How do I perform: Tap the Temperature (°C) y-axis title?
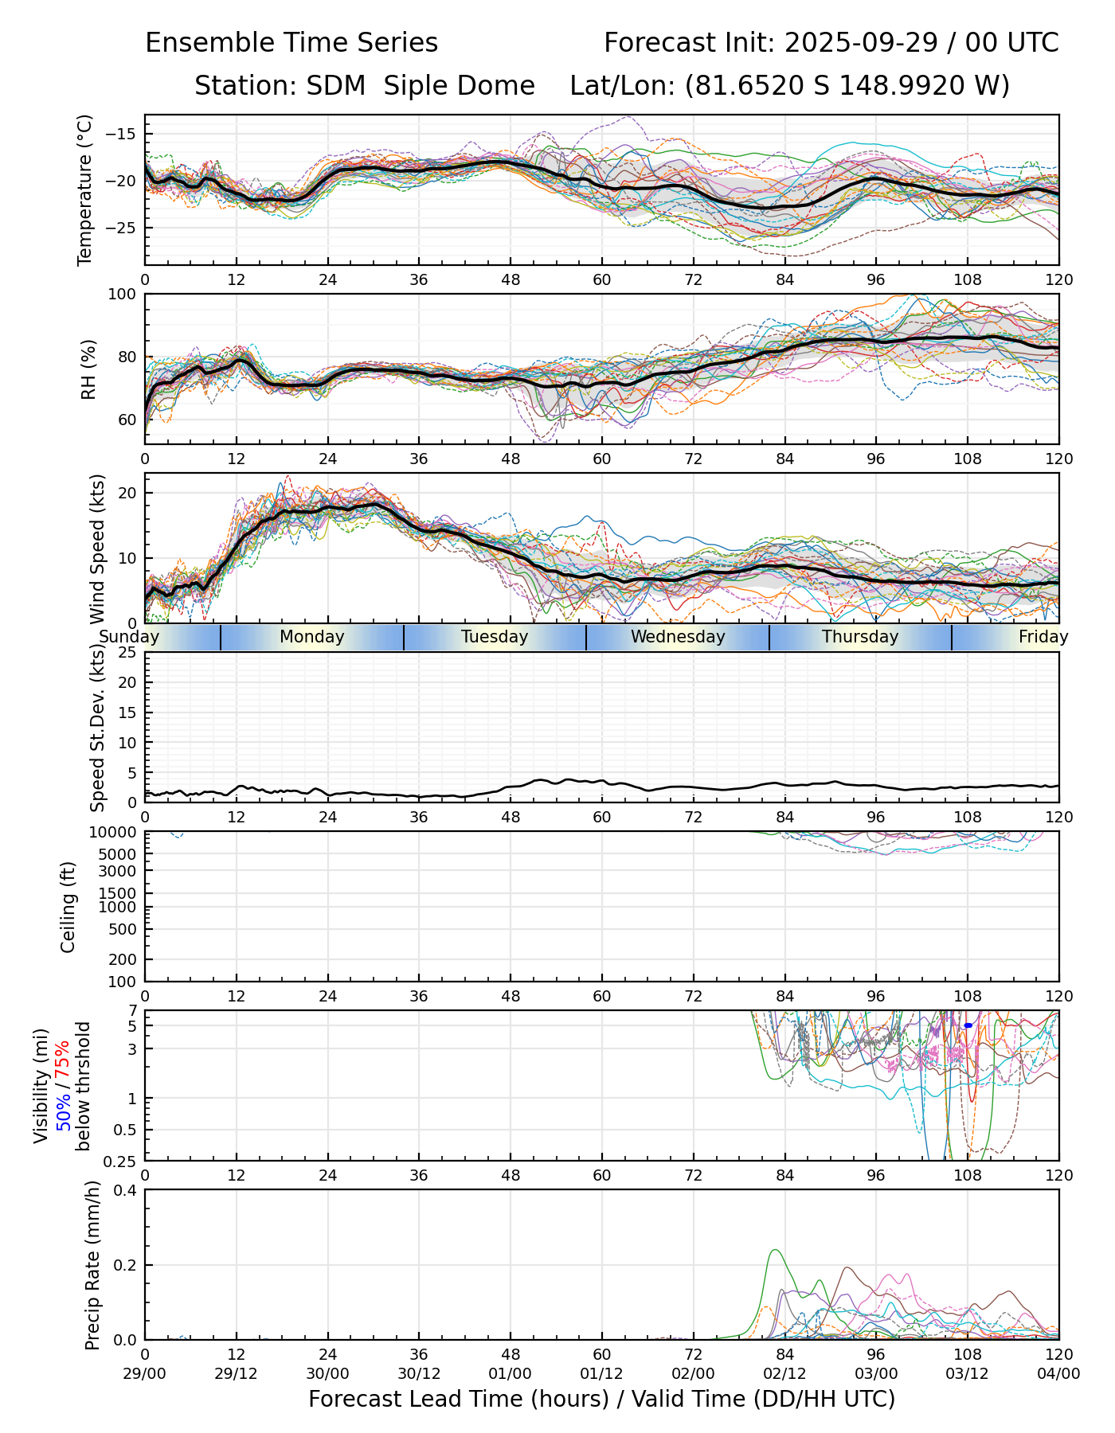tap(85, 189)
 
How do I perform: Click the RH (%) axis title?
tap(88, 369)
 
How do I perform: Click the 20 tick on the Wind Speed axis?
tap(127, 493)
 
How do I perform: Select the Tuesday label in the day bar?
tap(495, 637)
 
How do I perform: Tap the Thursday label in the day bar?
tap(860, 637)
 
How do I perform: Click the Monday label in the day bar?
tap(312, 637)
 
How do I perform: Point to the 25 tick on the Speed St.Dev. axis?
tap(127, 653)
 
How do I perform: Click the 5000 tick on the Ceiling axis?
tap(119, 853)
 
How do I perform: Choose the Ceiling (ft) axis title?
tap(68, 907)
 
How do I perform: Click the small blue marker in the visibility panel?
tap(968, 1025)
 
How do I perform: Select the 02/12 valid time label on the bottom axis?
tap(784, 1373)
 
